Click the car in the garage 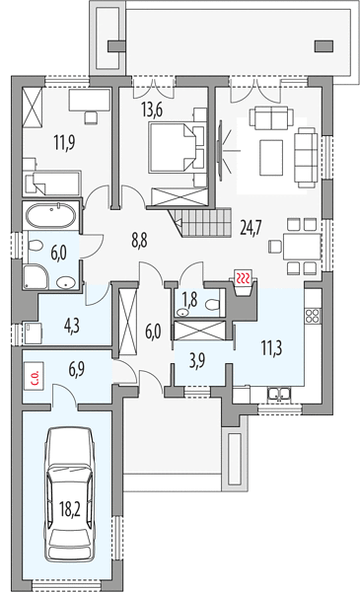click(70, 495)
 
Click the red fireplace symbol click(244, 278)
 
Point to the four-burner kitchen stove click(313, 316)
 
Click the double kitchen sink click(280, 394)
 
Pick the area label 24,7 click(251, 227)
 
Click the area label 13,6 click(152, 111)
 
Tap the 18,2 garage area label click(70, 510)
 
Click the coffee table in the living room click(271, 158)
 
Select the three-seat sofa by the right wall click(306, 158)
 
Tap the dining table click(302, 246)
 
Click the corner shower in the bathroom click(36, 277)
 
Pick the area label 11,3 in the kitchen click(271, 348)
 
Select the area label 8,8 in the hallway click(139, 240)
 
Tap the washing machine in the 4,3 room click(33, 332)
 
